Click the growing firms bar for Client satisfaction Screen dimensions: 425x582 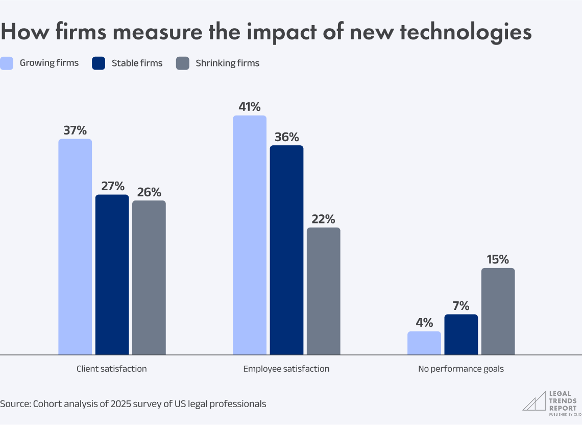click(x=75, y=247)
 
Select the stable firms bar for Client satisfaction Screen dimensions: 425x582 click(x=112, y=275)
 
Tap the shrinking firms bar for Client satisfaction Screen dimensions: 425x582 click(x=149, y=278)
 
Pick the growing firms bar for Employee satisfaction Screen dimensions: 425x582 click(x=250, y=235)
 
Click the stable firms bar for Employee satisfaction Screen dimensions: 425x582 click(x=286, y=250)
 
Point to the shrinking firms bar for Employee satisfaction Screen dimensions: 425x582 click(x=323, y=291)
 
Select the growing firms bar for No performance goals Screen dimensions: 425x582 click(x=424, y=343)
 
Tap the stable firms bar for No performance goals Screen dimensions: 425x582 click(x=461, y=334)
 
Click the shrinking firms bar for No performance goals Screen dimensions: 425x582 click(x=498, y=311)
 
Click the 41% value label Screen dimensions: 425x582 click(x=250, y=107)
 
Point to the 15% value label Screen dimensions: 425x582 click(x=498, y=259)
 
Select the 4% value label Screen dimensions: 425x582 click(x=424, y=323)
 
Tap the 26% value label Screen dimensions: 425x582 click(x=149, y=192)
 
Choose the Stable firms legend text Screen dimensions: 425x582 click(x=137, y=63)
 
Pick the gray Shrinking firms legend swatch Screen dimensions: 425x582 click(x=182, y=63)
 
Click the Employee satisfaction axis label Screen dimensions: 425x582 click(x=286, y=369)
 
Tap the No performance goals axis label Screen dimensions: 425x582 click(x=460, y=369)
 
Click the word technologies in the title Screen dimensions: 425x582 click(x=465, y=32)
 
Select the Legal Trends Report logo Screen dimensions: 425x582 click(x=549, y=401)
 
